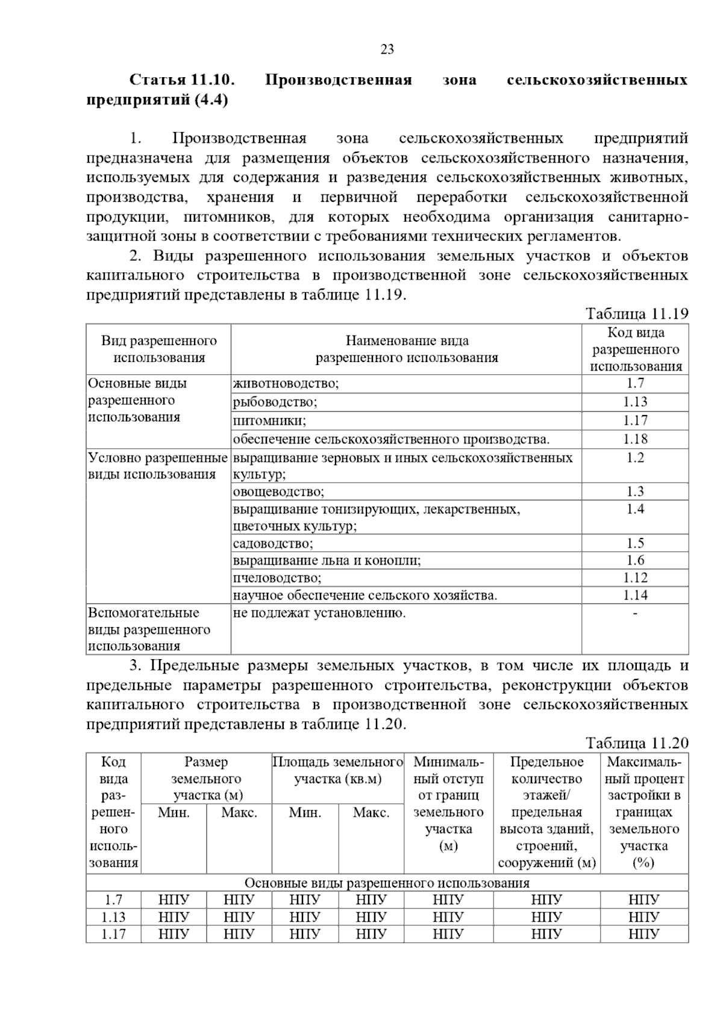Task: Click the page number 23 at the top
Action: pos(387,49)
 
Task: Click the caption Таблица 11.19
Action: pos(636,314)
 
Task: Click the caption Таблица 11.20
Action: pos(636,743)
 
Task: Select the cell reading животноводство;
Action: pos(286,384)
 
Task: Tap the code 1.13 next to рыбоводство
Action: pos(635,402)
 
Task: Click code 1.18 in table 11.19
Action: pos(635,439)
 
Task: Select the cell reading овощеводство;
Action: pos(278,492)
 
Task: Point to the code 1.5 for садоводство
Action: pos(635,543)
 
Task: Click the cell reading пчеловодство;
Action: pos(277,578)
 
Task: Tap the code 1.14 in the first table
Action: pos(635,595)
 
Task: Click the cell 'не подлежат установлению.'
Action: pos(319,613)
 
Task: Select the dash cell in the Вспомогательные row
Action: pos(635,613)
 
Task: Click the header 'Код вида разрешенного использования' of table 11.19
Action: pos(635,349)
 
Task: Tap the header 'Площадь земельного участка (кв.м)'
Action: pos(337,771)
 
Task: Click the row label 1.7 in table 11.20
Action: pos(113,900)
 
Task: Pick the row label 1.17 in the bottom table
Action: pos(113,934)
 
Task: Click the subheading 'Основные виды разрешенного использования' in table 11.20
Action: pos(387,883)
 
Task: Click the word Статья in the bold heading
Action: pos(158,80)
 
